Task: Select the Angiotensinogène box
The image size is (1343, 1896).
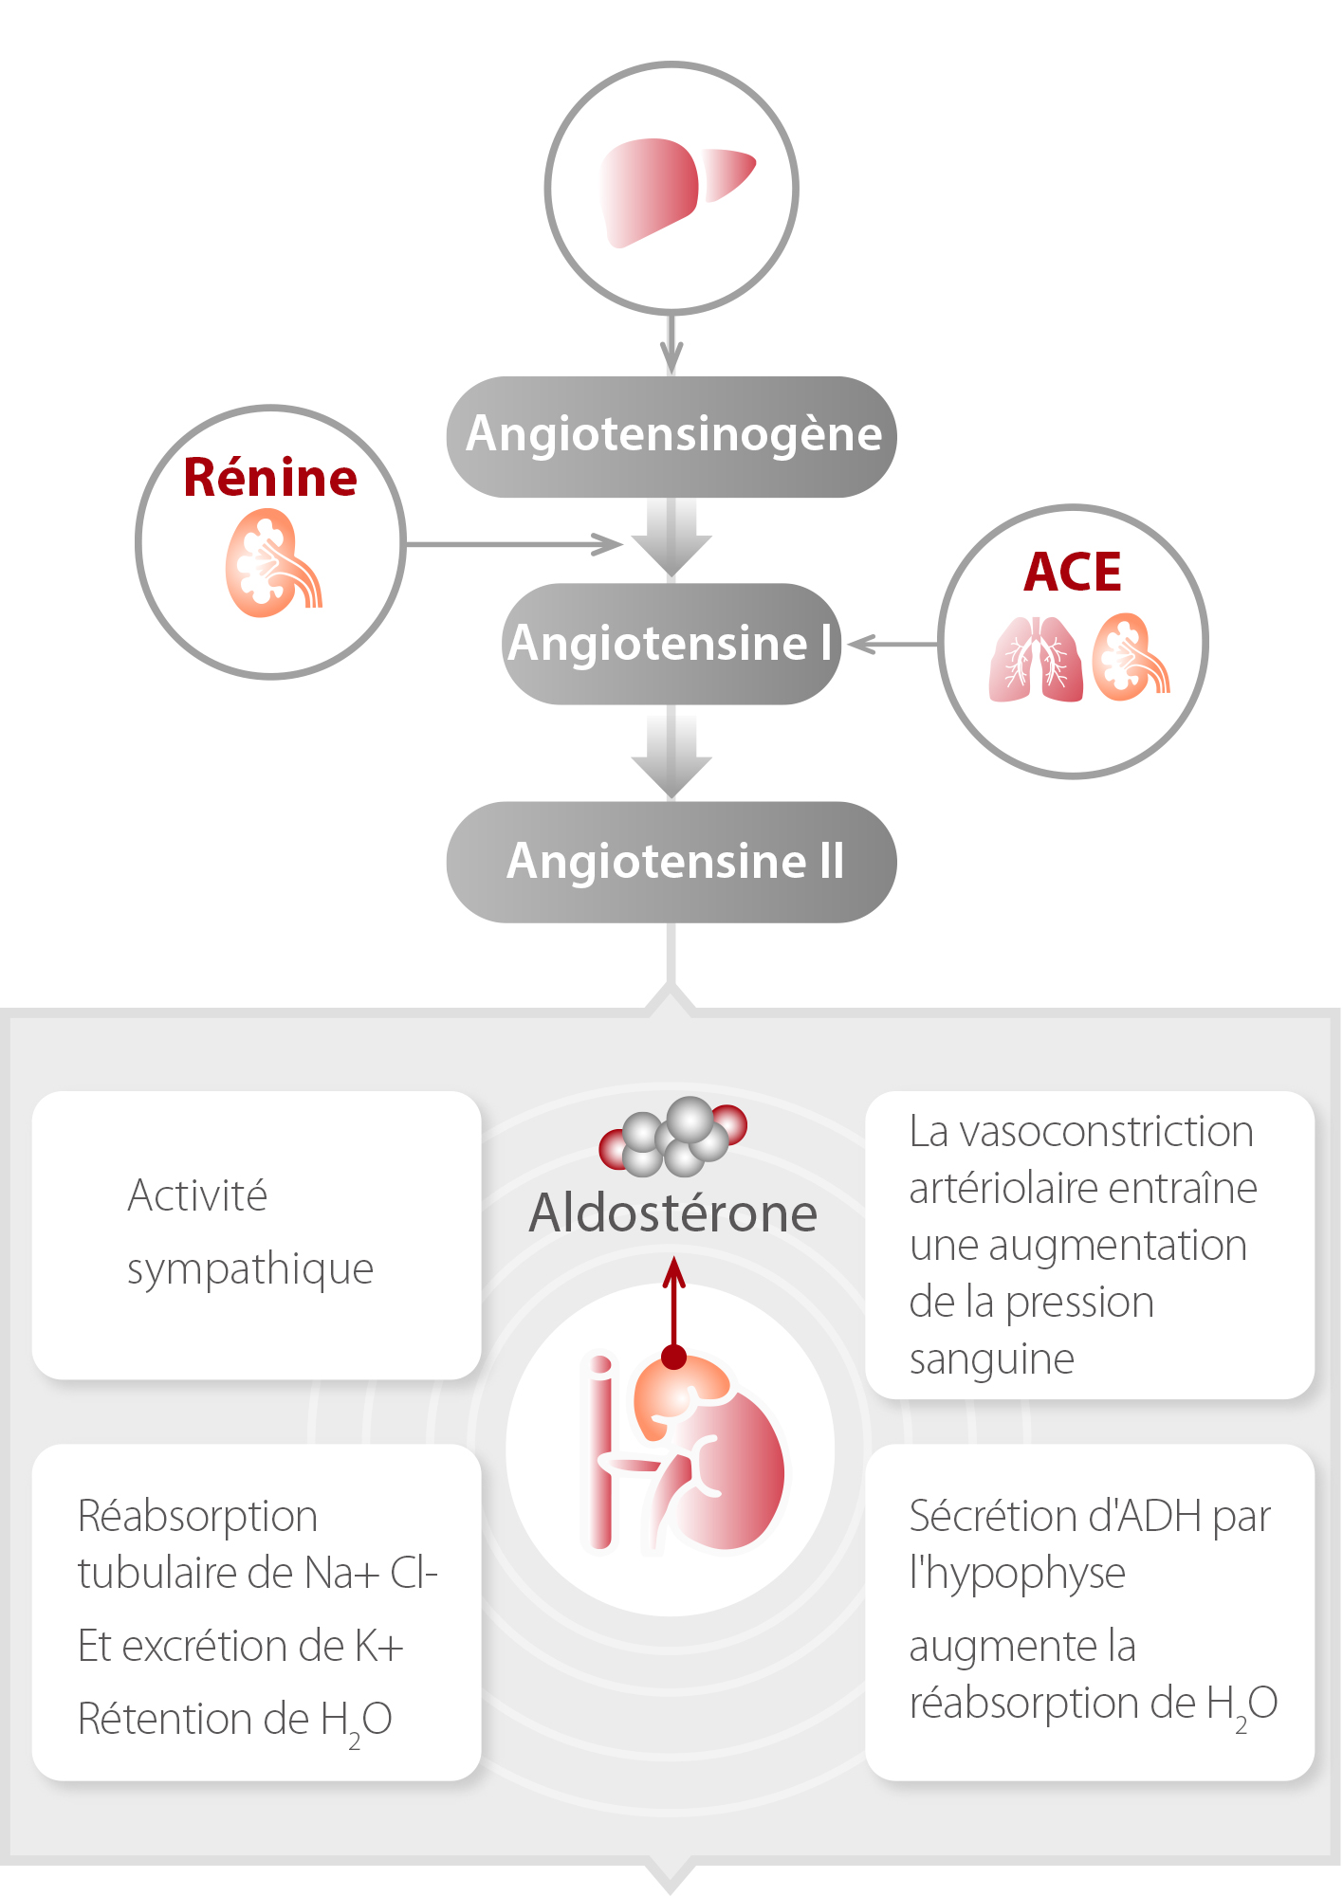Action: point(671,436)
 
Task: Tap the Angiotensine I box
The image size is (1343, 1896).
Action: point(671,644)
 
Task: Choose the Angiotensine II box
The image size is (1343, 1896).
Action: point(671,862)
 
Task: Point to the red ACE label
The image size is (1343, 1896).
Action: point(1073,572)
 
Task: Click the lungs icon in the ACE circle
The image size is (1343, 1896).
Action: point(1036,660)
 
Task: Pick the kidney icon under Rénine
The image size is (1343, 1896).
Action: point(271,565)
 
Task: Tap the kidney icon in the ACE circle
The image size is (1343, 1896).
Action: point(1130,658)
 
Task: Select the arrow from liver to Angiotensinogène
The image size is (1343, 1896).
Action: point(671,345)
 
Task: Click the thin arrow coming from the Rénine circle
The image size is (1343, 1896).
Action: point(512,544)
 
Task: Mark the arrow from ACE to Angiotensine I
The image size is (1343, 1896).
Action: point(892,645)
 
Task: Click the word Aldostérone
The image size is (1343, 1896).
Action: point(672,1213)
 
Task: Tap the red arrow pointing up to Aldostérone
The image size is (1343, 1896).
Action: point(673,1308)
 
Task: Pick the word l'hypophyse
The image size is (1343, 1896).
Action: point(1017,1575)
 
